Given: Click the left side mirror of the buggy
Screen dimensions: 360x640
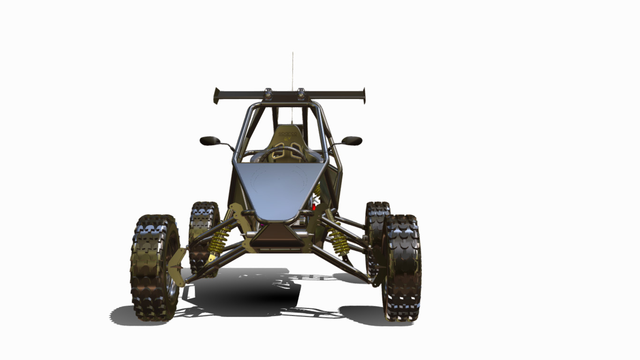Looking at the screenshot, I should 210,141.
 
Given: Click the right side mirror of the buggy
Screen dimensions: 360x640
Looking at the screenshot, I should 352,141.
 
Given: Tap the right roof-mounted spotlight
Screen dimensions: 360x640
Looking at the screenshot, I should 301,94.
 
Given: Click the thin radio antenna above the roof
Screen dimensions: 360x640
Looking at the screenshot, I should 293,70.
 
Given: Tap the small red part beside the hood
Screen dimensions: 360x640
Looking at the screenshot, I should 314,207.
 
